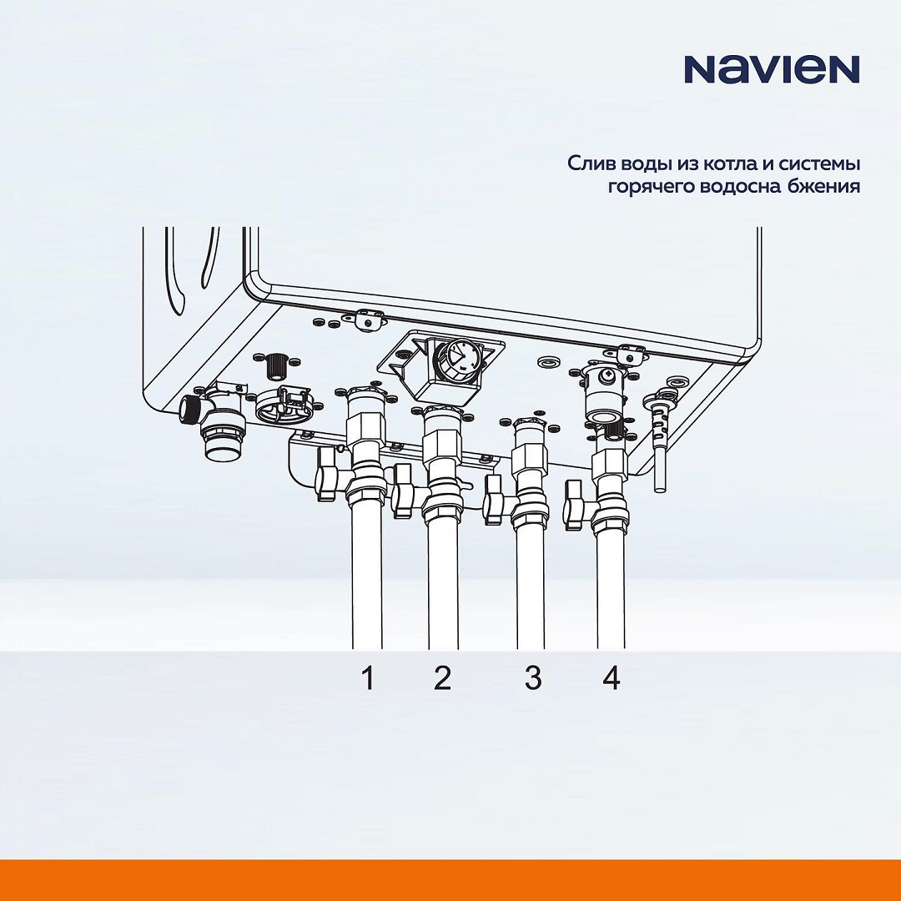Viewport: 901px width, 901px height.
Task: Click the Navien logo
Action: coord(772,69)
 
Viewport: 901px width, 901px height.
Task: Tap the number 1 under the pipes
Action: coord(369,677)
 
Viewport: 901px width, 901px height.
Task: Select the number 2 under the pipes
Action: coord(442,677)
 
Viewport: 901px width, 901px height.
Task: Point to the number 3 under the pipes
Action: coord(532,677)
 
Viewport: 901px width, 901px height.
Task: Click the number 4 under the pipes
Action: coord(612,677)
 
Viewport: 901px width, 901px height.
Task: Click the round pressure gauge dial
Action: coord(458,359)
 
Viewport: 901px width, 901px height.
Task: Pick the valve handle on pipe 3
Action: coord(494,499)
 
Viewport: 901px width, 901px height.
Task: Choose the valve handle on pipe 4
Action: coord(576,505)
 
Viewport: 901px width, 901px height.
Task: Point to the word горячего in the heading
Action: coord(651,188)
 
